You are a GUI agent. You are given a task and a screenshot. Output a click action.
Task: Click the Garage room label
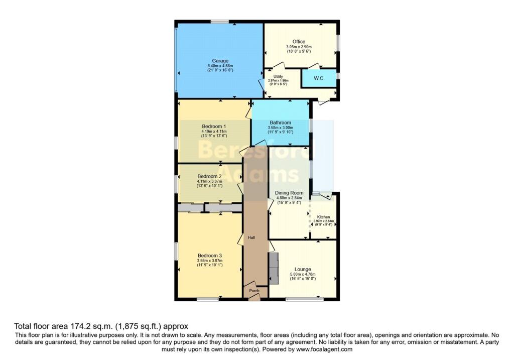pos(220,61)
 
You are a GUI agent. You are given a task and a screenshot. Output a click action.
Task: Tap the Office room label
pos(299,42)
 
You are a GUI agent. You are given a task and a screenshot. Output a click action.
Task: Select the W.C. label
pos(319,78)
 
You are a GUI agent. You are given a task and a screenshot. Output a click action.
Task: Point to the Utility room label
pos(278,76)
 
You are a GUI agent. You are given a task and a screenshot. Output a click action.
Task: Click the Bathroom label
pos(280,123)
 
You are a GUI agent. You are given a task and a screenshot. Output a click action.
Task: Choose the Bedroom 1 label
pos(214,127)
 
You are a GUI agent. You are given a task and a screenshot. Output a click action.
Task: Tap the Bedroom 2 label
pos(209,176)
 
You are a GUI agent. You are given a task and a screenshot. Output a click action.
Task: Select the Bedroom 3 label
pos(210,256)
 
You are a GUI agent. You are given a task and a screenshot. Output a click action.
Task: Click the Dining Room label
pos(289,193)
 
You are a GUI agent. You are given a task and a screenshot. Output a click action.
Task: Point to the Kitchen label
pos(324,217)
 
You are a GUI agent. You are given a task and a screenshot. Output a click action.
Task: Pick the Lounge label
pos(303,269)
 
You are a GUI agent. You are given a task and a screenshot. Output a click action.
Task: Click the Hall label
pos(251,237)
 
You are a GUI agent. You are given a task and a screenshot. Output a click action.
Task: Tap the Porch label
pos(254,291)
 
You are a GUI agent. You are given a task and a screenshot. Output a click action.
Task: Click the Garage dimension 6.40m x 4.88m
pos(220,66)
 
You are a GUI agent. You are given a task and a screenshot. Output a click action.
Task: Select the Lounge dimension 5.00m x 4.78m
pos(303,274)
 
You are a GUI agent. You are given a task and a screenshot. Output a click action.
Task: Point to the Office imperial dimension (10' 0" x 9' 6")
pos(299,51)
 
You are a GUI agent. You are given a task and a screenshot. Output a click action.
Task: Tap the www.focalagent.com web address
pos(324,349)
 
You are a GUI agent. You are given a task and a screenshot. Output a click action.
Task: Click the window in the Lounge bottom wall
pos(305,299)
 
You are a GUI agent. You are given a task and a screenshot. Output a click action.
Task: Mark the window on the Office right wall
pos(338,43)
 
